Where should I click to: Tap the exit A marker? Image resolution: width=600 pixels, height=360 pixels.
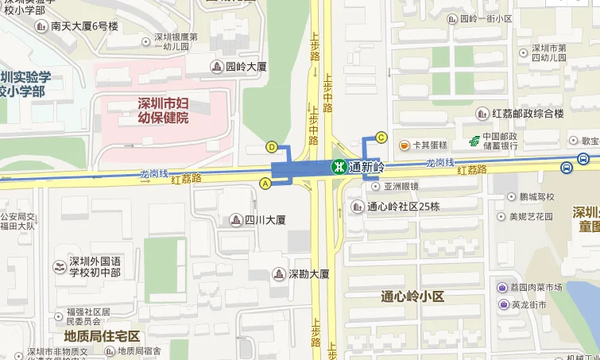pos(265,184)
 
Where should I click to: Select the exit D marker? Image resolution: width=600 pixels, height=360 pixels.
pos(272,147)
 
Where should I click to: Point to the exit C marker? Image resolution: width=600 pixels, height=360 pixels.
pos(381,137)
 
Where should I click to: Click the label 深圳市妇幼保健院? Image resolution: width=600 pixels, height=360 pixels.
pos(163,110)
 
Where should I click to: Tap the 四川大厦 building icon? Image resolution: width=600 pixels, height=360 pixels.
pos(235,219)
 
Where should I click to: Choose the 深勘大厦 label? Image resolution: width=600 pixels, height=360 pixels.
pos(308,274)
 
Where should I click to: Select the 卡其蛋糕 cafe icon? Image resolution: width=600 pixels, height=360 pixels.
pos(405,145)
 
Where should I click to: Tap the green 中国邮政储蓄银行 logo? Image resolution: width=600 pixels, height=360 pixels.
pos(474,141)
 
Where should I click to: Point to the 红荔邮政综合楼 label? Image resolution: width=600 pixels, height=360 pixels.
pos(528,114)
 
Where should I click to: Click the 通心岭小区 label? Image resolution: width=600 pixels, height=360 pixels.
pos(412,296)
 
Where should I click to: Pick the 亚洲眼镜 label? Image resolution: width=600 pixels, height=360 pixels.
pos(401,187)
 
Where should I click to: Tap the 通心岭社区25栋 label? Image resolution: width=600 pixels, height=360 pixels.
pos(404,207)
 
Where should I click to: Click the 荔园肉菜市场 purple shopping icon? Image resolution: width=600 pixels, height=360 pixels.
pos(503,287)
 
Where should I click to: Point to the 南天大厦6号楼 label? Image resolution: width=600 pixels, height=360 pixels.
pos(84,26)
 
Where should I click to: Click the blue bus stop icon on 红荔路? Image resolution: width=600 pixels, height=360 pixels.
pos(565,167)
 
